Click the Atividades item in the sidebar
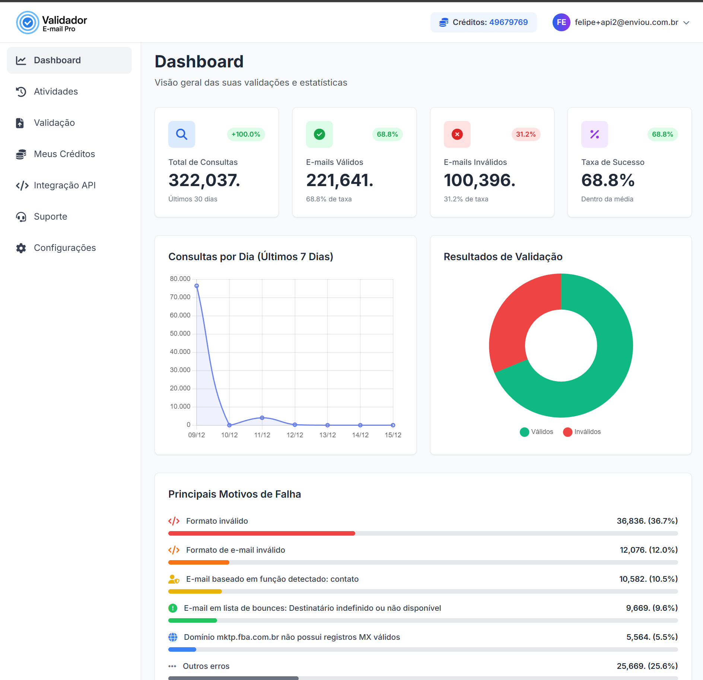click(x=56, y=92)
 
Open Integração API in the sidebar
click(x=64, y=185)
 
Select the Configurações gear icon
click(x=21, y=248)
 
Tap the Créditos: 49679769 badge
click(x=483, y=22)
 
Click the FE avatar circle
click(x=561, y=22)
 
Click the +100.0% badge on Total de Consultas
click(x=246, y=134)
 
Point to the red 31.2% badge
click(x=525, y=134)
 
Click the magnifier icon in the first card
click(x=182, y=134)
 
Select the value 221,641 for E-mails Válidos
click(x=339, y=181)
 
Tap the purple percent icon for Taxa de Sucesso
click(x=594, y=134)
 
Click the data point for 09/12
click(x=197, y=286)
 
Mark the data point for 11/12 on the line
click(x=262, y=418)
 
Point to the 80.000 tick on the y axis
click(x=180, y=279)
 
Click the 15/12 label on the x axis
click(x=393, y=435)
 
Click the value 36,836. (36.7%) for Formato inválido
click(x=647, y=521)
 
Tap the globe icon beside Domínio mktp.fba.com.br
click(x=173, y=637)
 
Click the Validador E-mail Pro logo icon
click(x=28, y=22)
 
